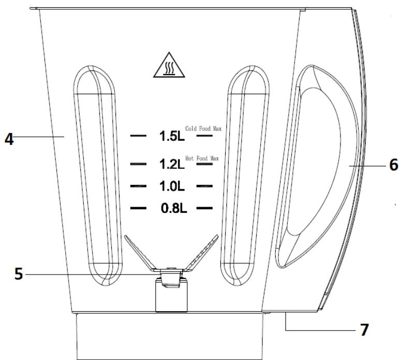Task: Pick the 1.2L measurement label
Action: [x=172, y=165]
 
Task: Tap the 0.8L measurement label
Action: [x=172, y=209]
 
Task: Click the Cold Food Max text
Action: [x=203, y=128]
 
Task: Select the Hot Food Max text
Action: [x=202, y=157]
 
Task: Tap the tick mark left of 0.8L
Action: [x=139, y=208]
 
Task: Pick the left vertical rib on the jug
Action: [x=98, y=176]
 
